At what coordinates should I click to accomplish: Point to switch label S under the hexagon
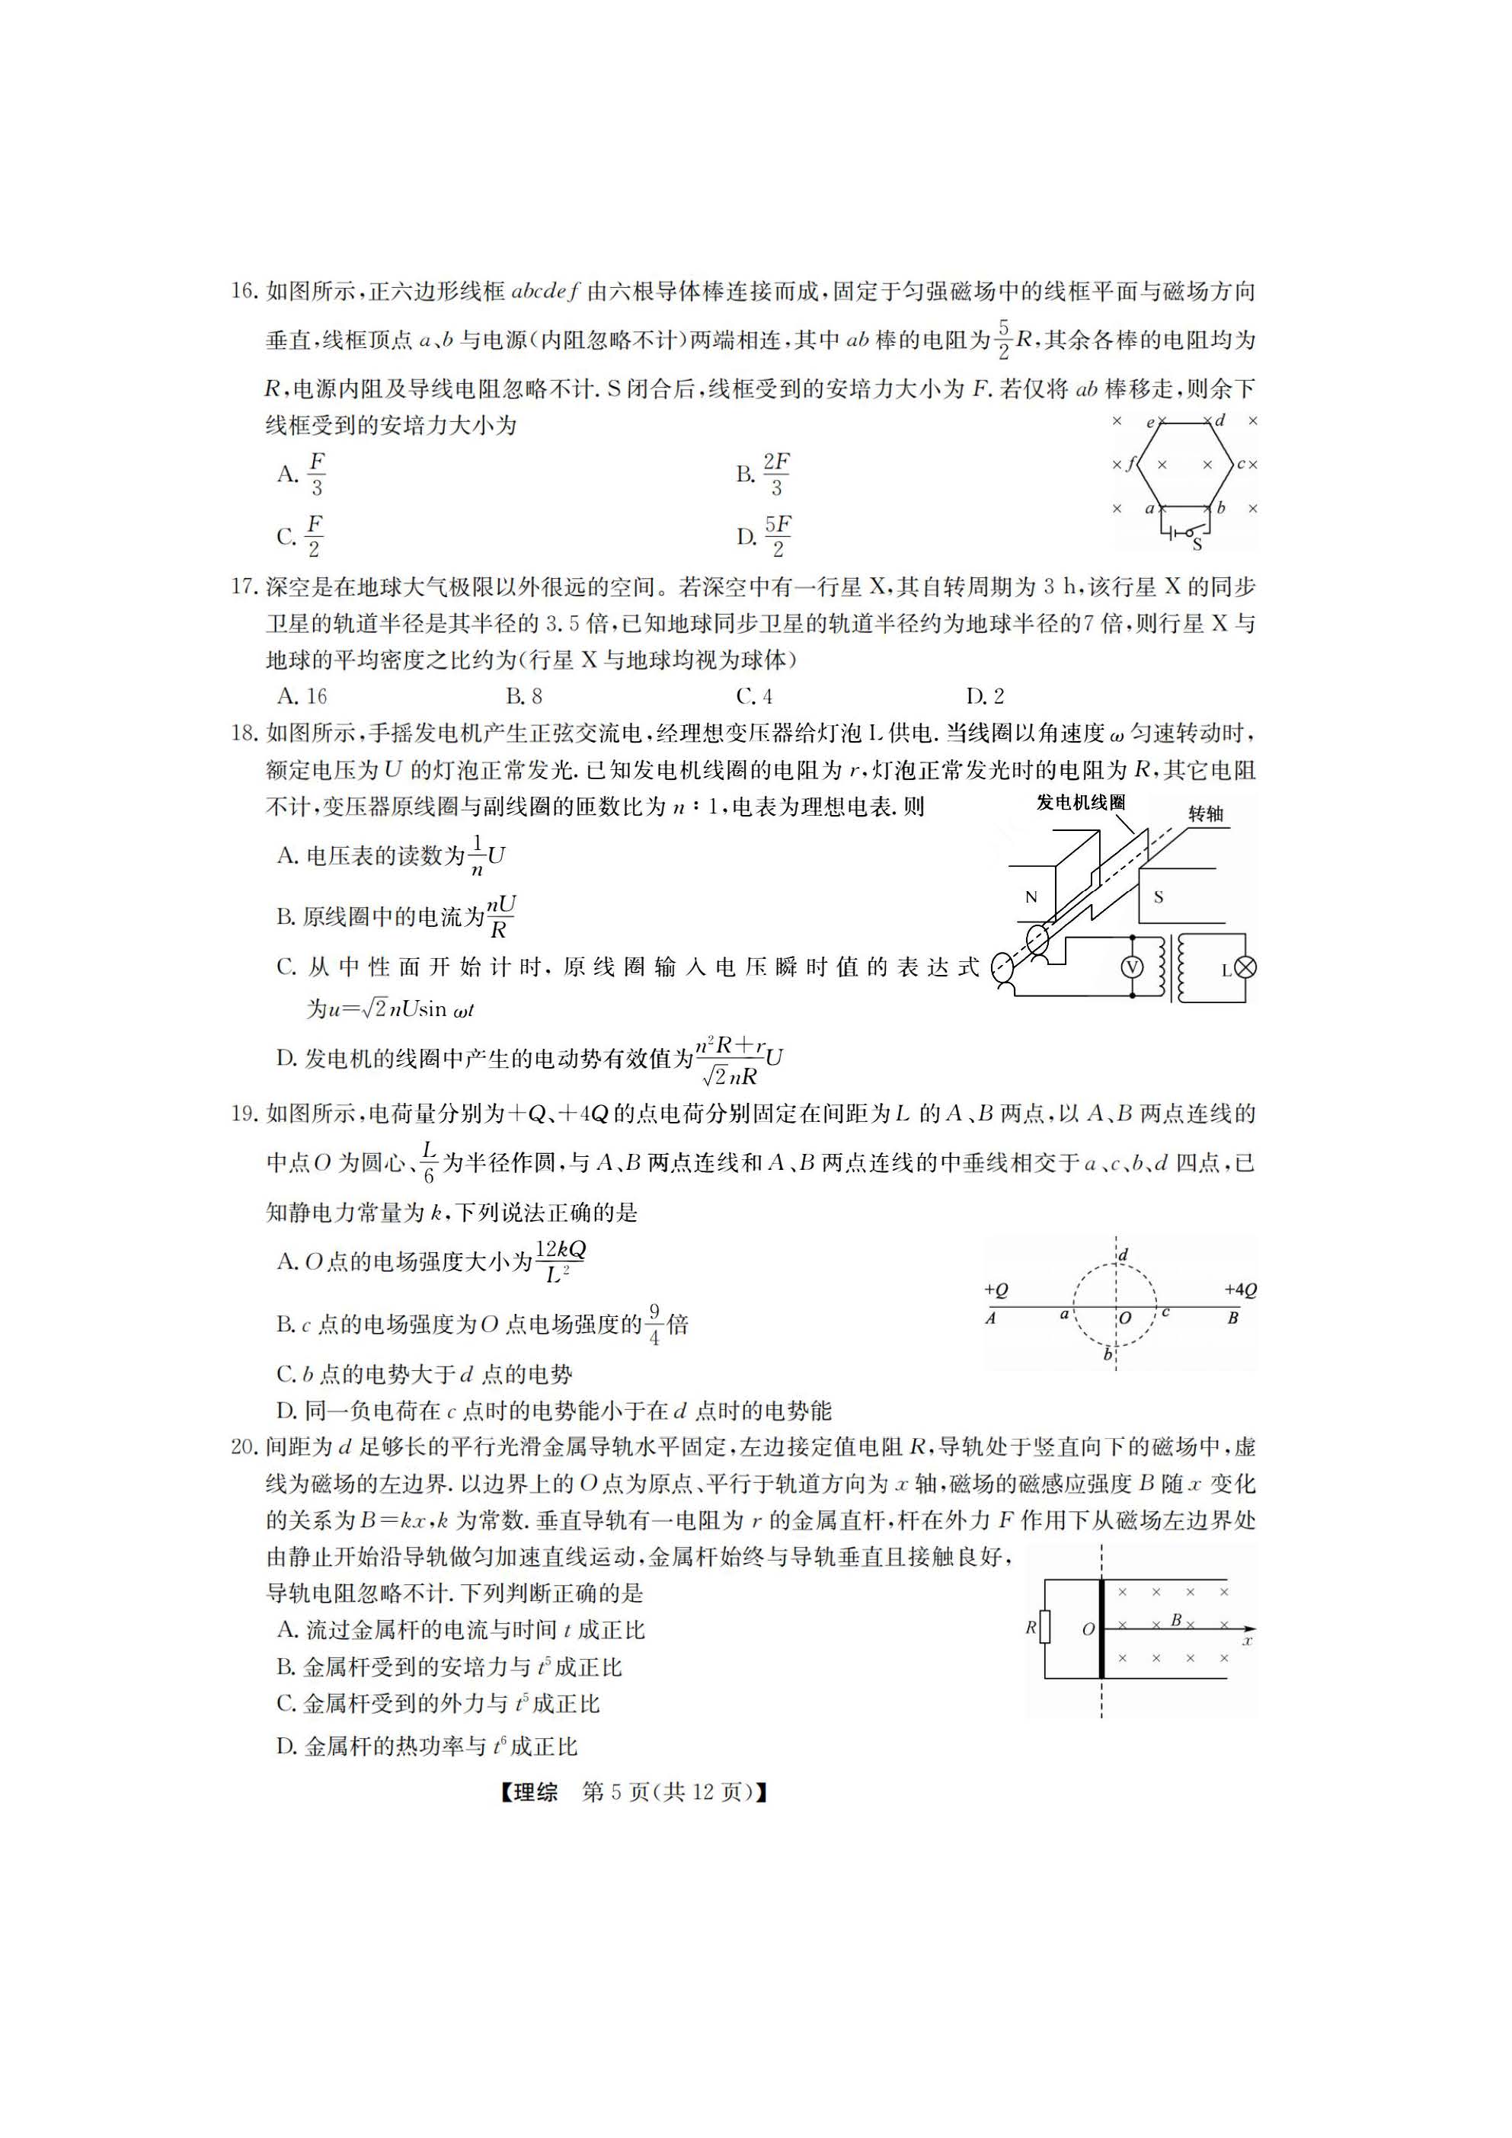[1197, 545]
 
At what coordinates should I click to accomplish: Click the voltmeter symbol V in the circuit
[1132, 967]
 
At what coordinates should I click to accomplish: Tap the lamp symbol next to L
[1245, 968]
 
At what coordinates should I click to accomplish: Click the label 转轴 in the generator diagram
[1206, 814]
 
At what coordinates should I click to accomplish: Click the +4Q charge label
[1240, 1290]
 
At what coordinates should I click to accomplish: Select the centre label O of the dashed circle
[1125, 1318]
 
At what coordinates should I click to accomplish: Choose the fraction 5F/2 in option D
[778, 536]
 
